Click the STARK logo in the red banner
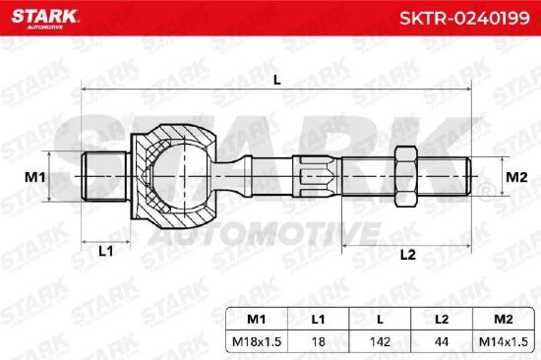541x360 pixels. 45,19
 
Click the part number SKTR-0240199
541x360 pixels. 464,18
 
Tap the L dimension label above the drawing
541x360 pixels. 277,80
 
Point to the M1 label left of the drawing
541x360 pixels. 34,177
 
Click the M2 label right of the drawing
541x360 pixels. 516,177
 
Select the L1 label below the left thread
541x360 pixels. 106,251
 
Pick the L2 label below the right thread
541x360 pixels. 408,255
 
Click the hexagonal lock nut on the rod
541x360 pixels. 406,176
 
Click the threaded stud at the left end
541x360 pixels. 103,176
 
